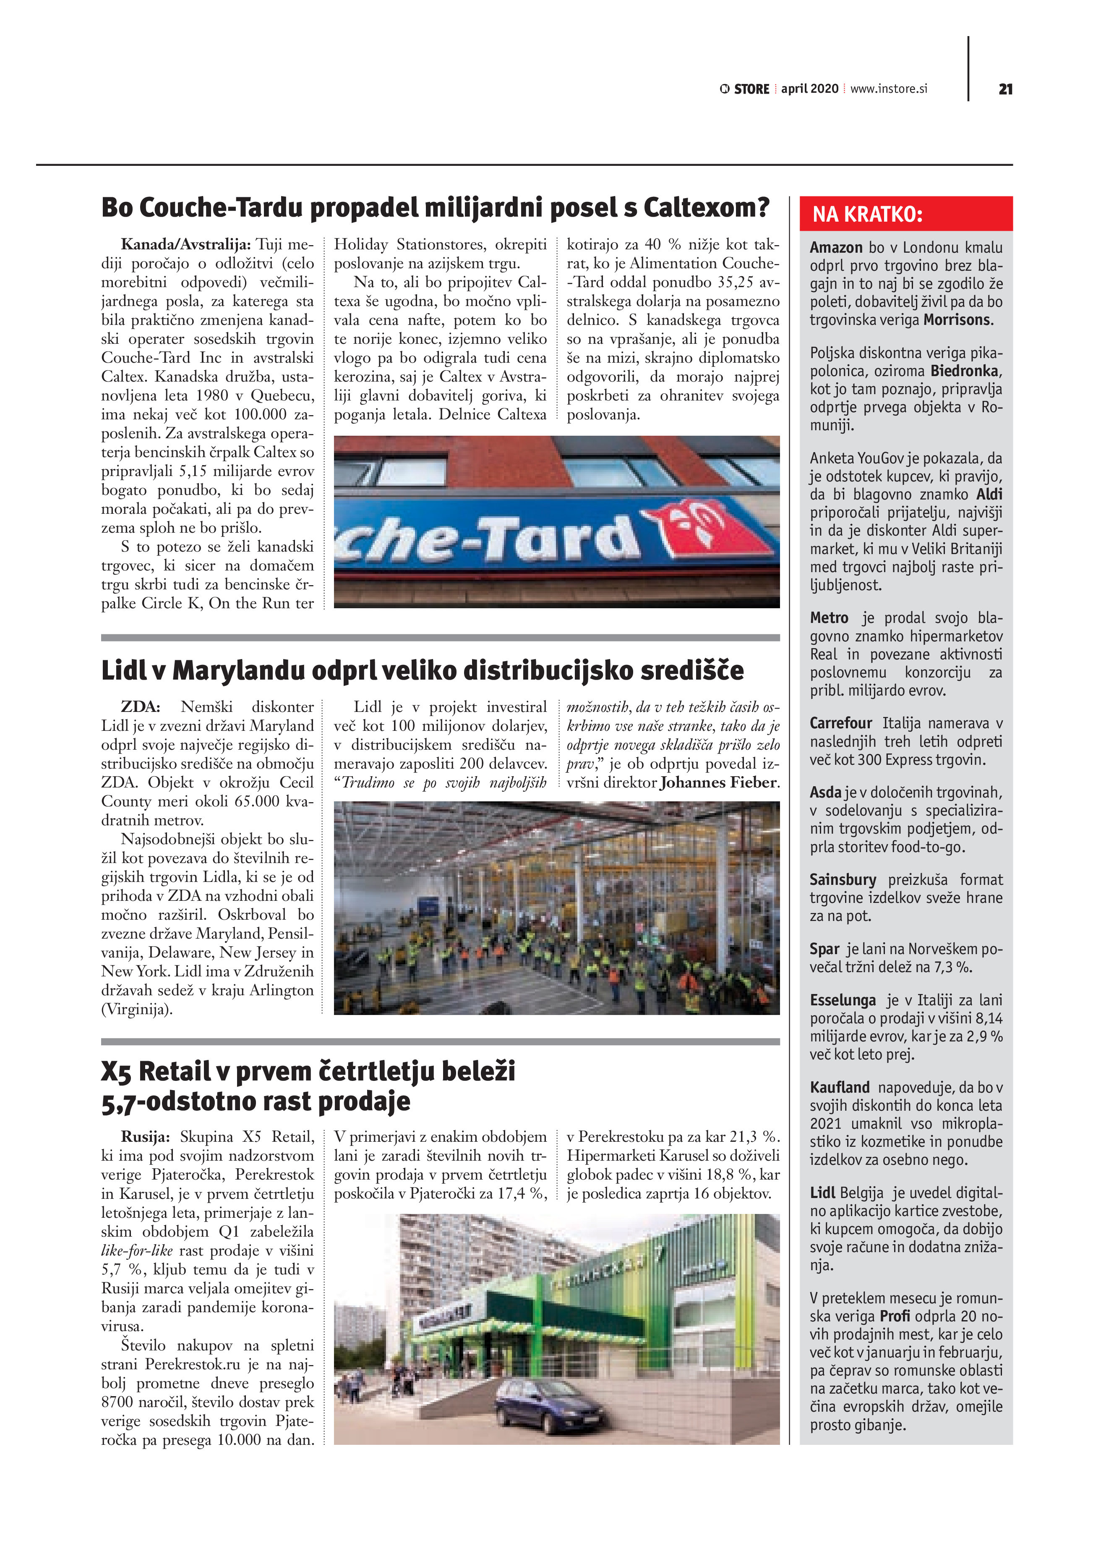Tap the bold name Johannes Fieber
click(718, 782)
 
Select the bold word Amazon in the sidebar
click(836, 247)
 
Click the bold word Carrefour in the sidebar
click(841, 723)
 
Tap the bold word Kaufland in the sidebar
click(840, 1087)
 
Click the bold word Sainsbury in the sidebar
click(843, 879)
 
